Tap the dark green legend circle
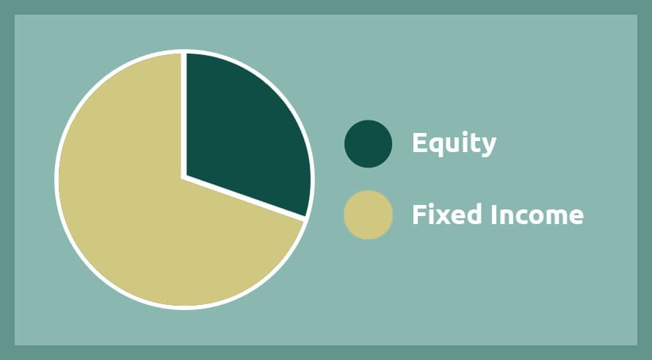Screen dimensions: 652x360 pos(368,144)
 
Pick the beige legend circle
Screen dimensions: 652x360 pos(368,215)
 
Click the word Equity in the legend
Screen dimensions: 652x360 pos(454,144)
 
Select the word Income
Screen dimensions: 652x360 pos(537,214)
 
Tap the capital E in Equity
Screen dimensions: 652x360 pos(420,143)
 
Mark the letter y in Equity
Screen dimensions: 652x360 pos(488,148)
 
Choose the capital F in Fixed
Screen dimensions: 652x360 pos(419,215)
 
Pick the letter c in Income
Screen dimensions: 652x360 pos(515,217)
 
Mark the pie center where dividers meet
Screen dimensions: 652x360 pos(184,178)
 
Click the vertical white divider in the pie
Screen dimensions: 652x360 pos(184,115)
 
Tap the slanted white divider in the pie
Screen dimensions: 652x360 pos(245,198)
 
